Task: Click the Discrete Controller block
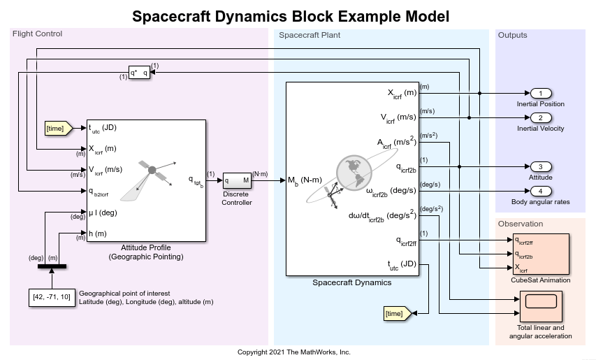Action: pos(237,180)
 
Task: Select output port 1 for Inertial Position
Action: pos(541,93)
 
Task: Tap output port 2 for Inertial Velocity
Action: pos(541,117)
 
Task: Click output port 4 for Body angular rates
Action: pos(541,191)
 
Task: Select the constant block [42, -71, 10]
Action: pos(52,297)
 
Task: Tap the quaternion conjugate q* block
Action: pos(139,73)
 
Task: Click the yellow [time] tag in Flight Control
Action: pos(56,128)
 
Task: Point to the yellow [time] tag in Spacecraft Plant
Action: pos(395,314)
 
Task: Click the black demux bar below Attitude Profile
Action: pos(52,266)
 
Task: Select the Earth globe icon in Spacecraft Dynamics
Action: pos(356,171)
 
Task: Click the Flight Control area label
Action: pos(37,34)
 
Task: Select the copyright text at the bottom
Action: pos(293,352)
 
